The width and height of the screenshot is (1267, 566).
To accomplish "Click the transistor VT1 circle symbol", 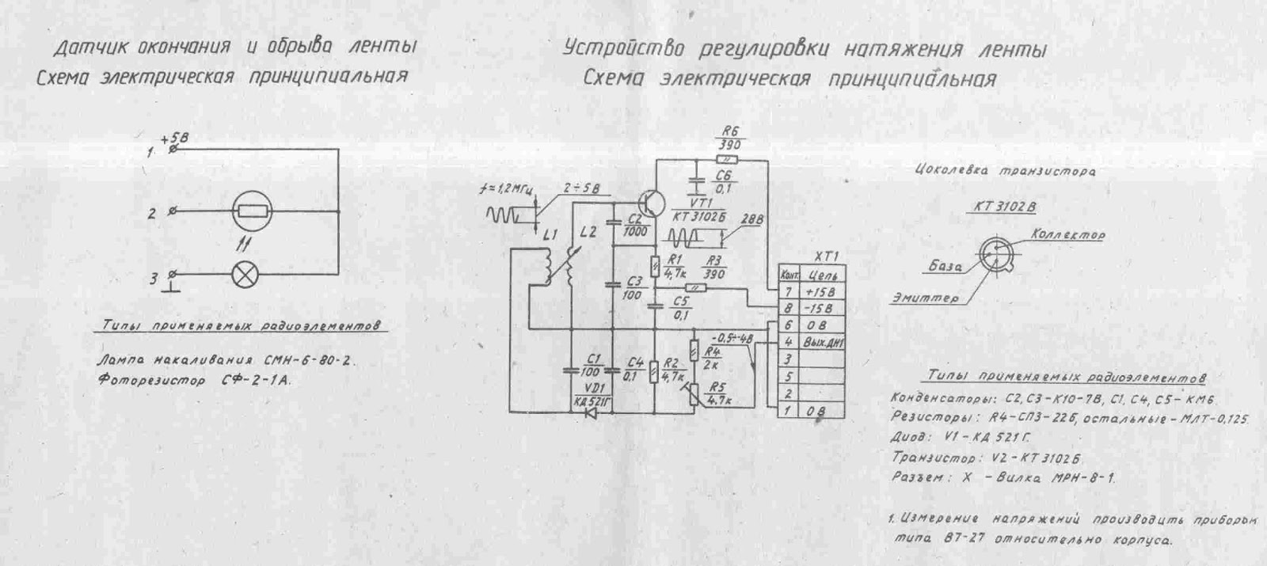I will coord(654,202).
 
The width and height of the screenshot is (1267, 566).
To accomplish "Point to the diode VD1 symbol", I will coord(590,412).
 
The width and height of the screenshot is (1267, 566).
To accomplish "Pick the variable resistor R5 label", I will coord(718,388).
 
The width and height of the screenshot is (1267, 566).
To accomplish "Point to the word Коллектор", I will coord(1067,234).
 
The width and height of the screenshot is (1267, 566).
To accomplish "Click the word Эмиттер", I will coord(924,299).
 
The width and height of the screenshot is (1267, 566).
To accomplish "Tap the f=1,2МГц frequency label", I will coord(508,189).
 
